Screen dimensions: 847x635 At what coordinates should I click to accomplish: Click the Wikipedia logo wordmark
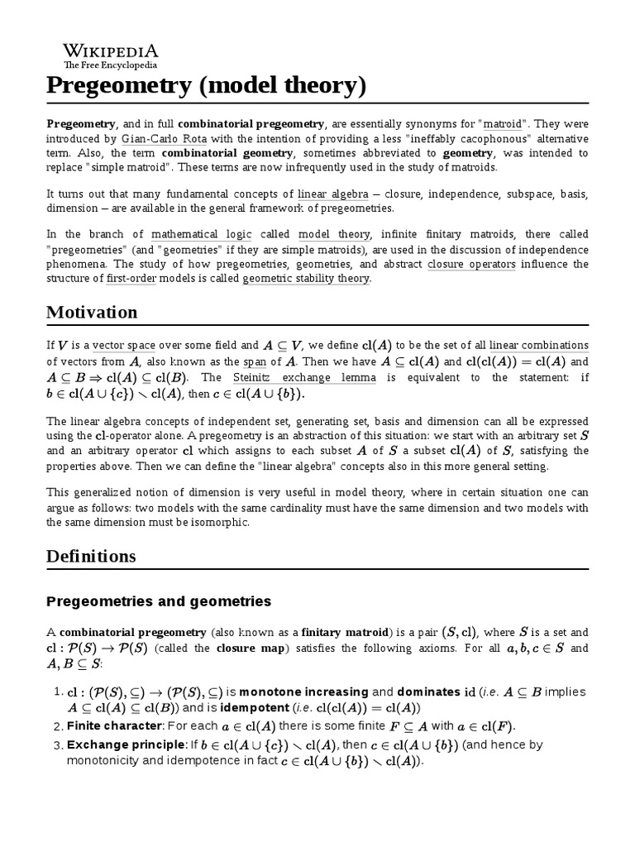coord(111,49)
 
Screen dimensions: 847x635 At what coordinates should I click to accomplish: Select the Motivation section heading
coord(92,312)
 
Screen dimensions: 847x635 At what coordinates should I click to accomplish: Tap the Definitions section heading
coord(91,556)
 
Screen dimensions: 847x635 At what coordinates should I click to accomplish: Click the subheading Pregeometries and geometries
coord(159,601)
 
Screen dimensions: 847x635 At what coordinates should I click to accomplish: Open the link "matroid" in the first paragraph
coord(503,123)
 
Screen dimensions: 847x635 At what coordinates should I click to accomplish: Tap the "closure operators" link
coord(471,264)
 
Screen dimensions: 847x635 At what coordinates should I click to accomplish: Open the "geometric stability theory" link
coord(306,279)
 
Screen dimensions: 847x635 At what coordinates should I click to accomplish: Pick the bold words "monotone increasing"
coord(298,691)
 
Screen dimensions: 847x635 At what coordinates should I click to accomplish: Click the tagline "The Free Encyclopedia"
coord(110,65)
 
